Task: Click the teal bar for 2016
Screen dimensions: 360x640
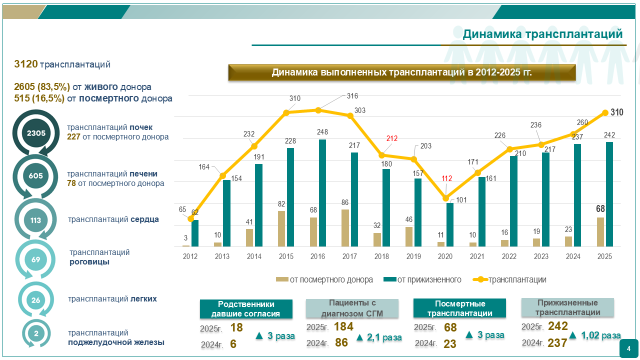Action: pyautogui.click(x=322, y=193)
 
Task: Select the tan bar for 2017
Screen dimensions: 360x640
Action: pyautogui.click(x=345, y=228)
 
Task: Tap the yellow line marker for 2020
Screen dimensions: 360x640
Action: pyautogui.click(x=446, y=198)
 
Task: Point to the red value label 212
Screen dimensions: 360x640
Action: pyautogui.click(x=391, y=138)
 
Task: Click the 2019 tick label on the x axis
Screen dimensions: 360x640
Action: pyautogui.click(x=413, y=256)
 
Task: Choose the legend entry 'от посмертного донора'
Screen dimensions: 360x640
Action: pyautogui.click(x=324, y=279)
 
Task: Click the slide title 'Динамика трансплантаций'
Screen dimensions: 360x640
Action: pyautogui.click(x=542, y=34)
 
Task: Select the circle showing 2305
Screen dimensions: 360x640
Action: pyautogui.click(x=36, y=133)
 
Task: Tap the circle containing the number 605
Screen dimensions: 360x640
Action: pyautogui.click(x=36, y=176)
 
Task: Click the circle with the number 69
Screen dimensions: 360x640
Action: pyautogui.click(x=36, y=259)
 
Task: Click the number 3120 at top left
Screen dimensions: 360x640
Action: pyautogui.click(x=26, y=64)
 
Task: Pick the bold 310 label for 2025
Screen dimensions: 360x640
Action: pyautogui.click(x=617, y=112)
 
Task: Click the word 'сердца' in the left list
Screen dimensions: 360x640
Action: pyautogui.click(x=145, y=219)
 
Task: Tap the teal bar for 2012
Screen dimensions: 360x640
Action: pyautogui.click(x=195, y=233)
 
